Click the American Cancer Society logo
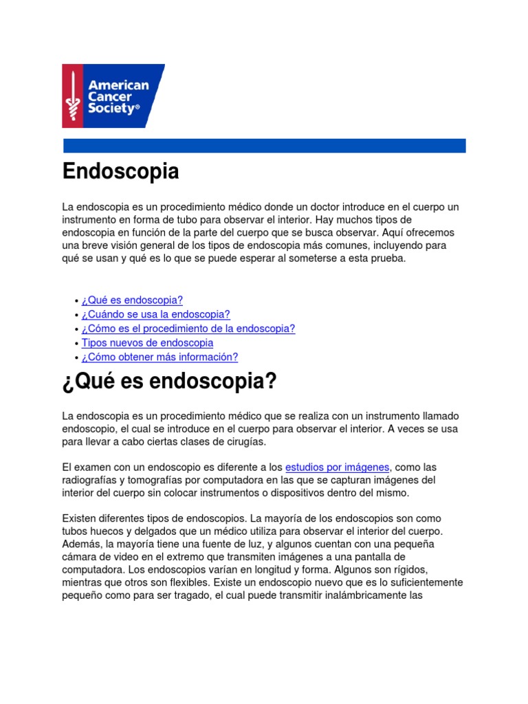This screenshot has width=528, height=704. pyautogui.click(x=113, y=96)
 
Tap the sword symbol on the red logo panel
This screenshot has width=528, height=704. pyautogui.click(x=72, y=96)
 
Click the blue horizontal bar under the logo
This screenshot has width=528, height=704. pyautogui.click(x=264, y=146)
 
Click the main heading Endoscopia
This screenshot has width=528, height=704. pyautogui.click(x=120, y=171)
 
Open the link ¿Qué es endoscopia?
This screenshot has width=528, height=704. pyautogui.click(x=132, y=300)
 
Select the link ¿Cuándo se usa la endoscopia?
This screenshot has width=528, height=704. pyautogui.click(x=155, y=314)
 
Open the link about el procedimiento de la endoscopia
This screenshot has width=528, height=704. pyautogui.click(x=188, y=329)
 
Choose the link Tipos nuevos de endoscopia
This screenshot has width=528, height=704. pyautogui.click(x=147, y=342)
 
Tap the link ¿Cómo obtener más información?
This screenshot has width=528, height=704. pyautogui.click(x=159, y=357)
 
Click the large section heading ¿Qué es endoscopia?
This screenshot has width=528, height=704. pyautogui.click(x=169, y=382)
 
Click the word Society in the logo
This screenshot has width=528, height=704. pyautogui.click(x=110, y=109)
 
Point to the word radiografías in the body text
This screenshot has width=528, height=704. pyautogui.click(x=93, y=480)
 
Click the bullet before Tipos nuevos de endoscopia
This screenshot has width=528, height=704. pyautogui.click(x=76, y=343)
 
